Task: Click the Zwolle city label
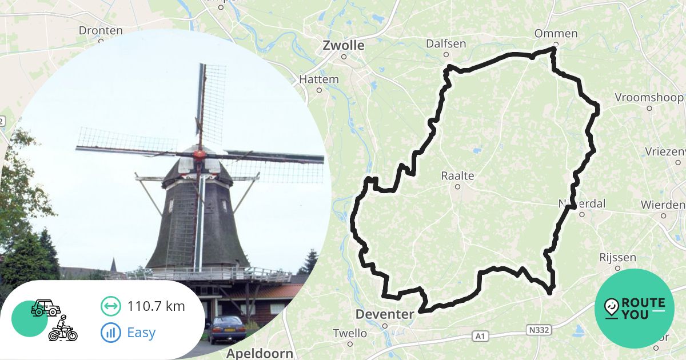[343, 45]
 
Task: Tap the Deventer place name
[384, 314]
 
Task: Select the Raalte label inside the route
[457, 175]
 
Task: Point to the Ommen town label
[556, 34]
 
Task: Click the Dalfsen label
[446, 44]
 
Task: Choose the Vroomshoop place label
[649, 97]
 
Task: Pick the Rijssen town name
[617, 258]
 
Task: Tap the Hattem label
[319, 79]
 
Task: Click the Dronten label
[101, 30]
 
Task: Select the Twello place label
[350, 333]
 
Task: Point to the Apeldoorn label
[260, 353]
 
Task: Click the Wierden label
[663, 205]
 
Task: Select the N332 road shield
[538, 331]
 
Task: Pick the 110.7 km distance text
[156, 306]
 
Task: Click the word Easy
[142, 333]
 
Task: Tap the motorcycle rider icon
[63, 328]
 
